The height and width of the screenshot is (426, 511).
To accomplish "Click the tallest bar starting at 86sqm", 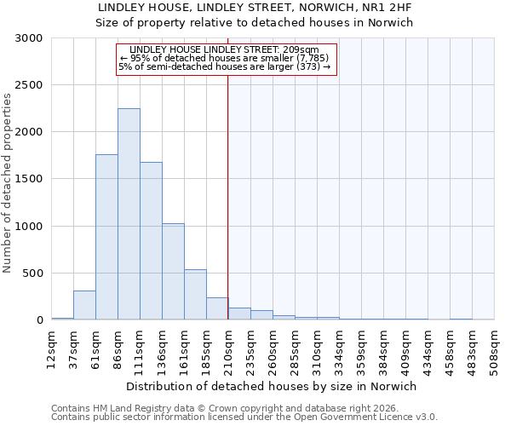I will coord(129,215).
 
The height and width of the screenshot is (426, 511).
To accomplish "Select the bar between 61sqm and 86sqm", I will coord(106,237).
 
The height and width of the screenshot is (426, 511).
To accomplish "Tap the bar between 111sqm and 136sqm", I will coord(151,241).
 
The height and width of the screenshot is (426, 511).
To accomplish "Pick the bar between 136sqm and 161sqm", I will coord(173,272).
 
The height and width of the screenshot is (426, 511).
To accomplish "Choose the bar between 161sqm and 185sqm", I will coord(195,295).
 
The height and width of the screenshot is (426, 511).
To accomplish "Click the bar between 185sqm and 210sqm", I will coord(217,308).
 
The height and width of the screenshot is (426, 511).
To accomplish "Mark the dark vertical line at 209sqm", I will coord(228,196).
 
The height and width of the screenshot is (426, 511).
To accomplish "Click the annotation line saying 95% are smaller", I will coord(226,58).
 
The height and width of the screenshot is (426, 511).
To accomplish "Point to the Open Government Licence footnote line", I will coord(244,417).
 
